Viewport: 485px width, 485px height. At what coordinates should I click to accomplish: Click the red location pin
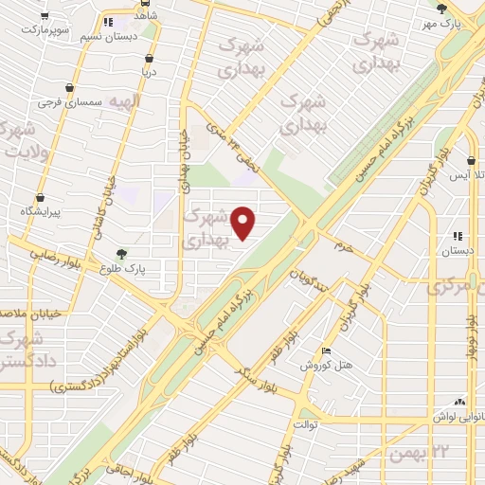tap(243, 223)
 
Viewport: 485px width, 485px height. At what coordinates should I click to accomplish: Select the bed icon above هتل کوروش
tap(326, 350)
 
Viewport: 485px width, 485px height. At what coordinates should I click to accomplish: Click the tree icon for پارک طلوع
tap(120, 254)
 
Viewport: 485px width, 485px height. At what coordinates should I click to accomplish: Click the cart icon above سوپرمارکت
tap(42, 17)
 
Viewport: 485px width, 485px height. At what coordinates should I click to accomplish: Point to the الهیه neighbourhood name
tap(124, 100)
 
